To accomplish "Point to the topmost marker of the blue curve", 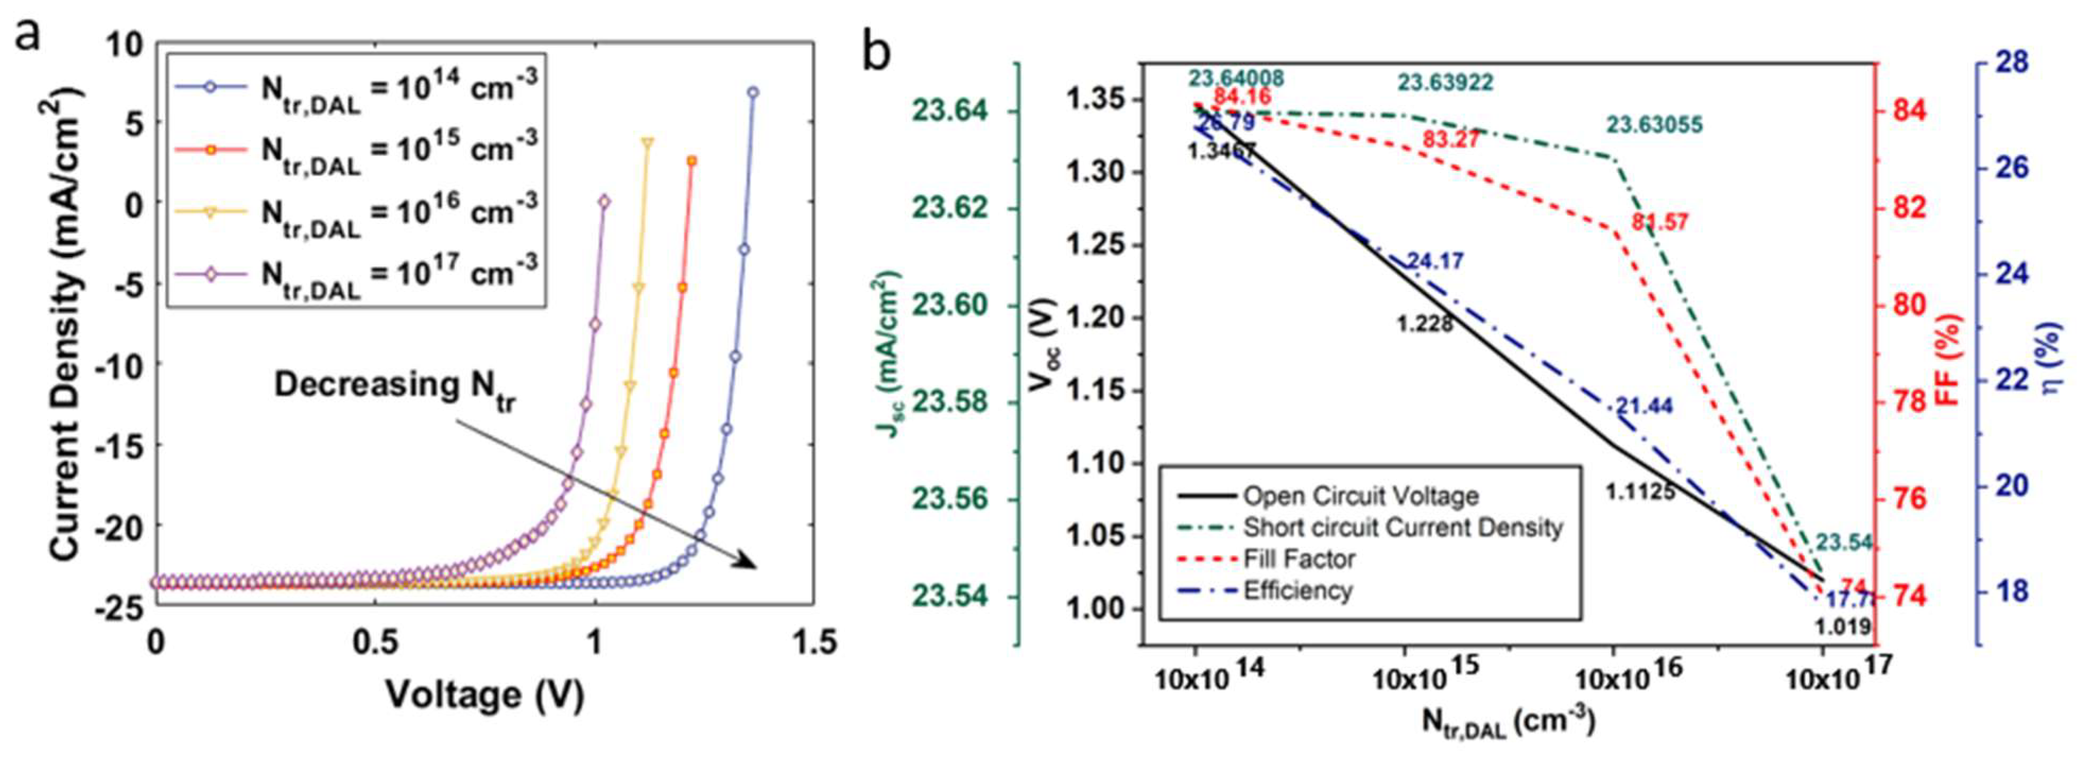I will tap(753, 92).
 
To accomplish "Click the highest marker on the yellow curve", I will tap(647, 142).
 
